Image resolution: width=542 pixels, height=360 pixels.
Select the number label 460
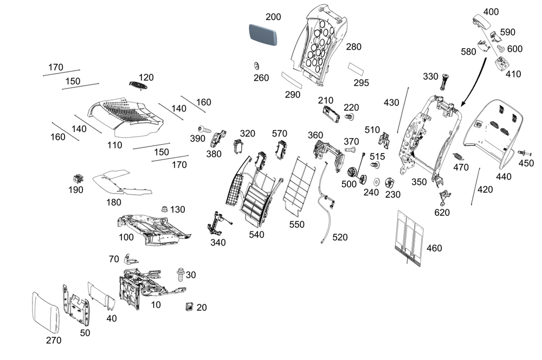434,248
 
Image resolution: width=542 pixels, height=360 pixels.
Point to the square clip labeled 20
189,307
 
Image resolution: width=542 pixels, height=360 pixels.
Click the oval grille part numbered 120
139,85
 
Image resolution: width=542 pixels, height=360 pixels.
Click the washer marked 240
376,181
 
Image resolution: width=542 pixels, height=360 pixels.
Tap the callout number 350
419,183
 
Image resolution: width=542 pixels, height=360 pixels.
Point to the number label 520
340,237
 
